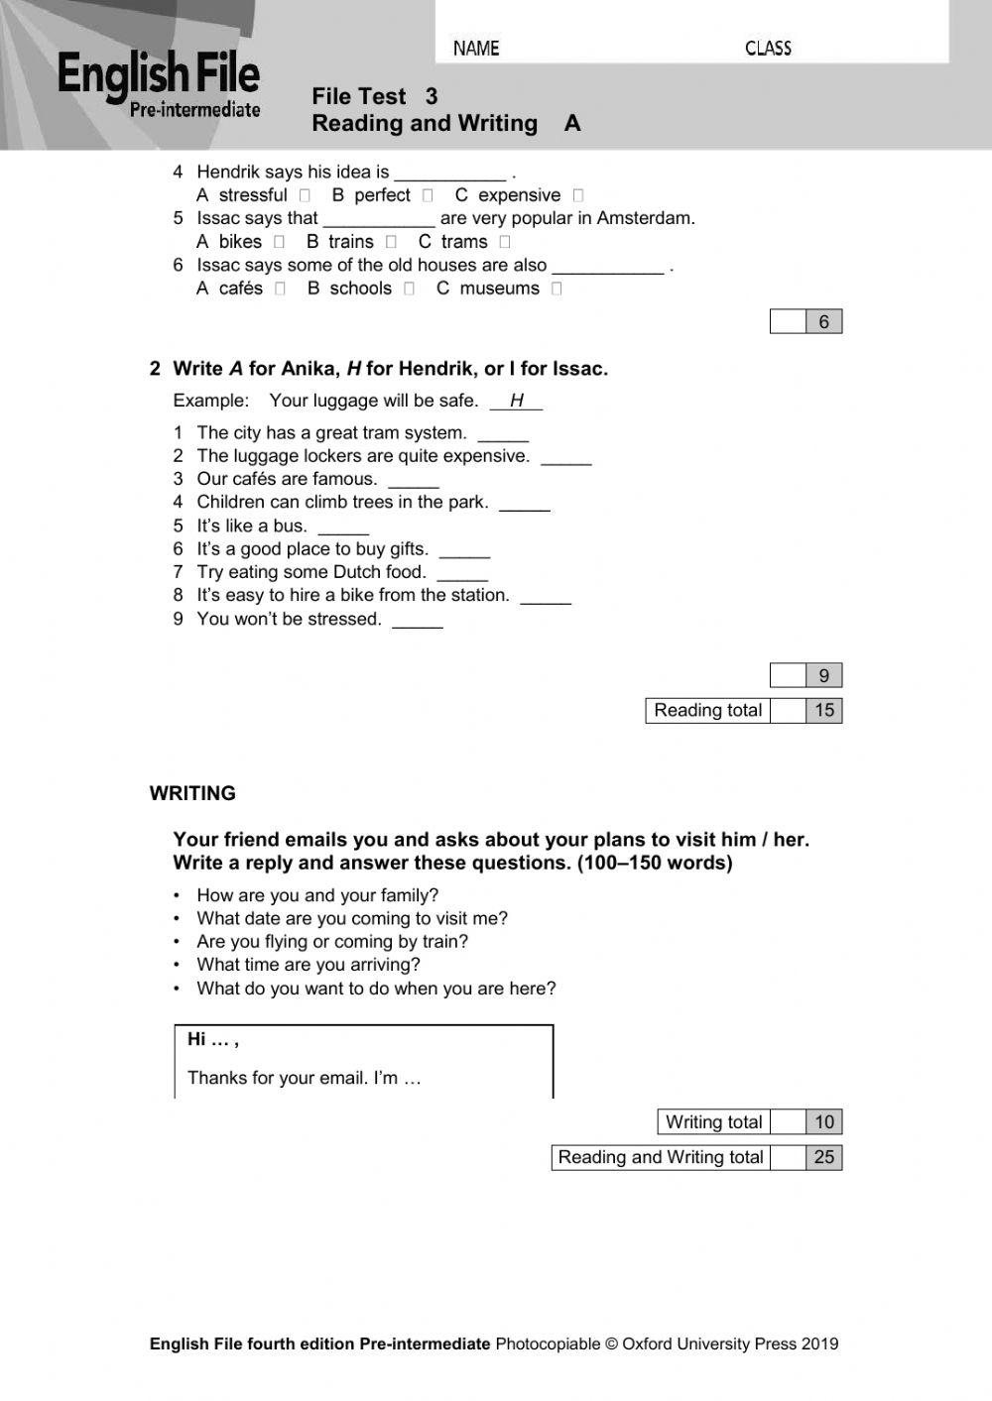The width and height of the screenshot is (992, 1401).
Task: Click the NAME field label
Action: pos(476,49)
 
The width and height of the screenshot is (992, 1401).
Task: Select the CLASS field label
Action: pos(768,49)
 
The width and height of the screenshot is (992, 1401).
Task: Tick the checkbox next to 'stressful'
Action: pos(305,196)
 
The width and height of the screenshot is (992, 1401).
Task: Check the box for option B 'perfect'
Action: pos(428,196)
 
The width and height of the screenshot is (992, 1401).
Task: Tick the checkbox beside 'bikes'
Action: pos(280,242)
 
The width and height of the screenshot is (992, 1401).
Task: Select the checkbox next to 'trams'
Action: pos(505,242)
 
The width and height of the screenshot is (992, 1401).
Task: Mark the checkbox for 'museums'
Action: pos(557,289)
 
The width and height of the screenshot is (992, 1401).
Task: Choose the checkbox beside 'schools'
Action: pos(409,289)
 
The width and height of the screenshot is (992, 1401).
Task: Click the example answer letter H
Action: pos(517,401)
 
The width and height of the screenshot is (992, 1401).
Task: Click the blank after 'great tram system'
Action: pos(503,434)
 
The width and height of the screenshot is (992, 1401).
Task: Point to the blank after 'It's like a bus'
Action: pos(343,527)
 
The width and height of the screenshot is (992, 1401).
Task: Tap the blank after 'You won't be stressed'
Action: pos(418,621)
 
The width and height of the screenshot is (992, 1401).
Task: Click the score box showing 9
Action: pos(823,676)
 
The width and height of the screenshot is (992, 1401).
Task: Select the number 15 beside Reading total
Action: pos(823,710)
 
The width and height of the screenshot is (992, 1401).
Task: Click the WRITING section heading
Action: pos(192,793)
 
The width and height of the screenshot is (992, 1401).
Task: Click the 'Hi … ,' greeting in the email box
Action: pos(212,1039)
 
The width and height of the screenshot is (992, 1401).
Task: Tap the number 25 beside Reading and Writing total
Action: pos(823,1157)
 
